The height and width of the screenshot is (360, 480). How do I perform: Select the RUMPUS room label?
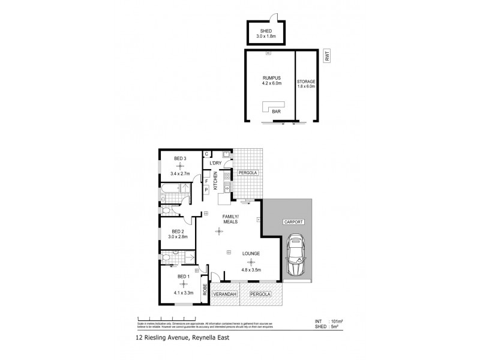[269, 78]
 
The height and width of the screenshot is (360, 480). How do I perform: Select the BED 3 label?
[180, 158]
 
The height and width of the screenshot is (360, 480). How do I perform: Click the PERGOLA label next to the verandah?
[260, 294]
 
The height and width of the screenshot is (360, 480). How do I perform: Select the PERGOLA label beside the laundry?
[247, 172]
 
